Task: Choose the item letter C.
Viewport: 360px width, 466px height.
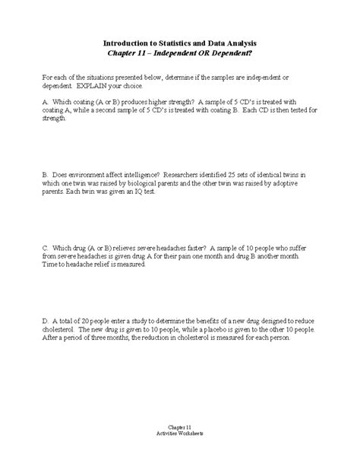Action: [x=46, y=249]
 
